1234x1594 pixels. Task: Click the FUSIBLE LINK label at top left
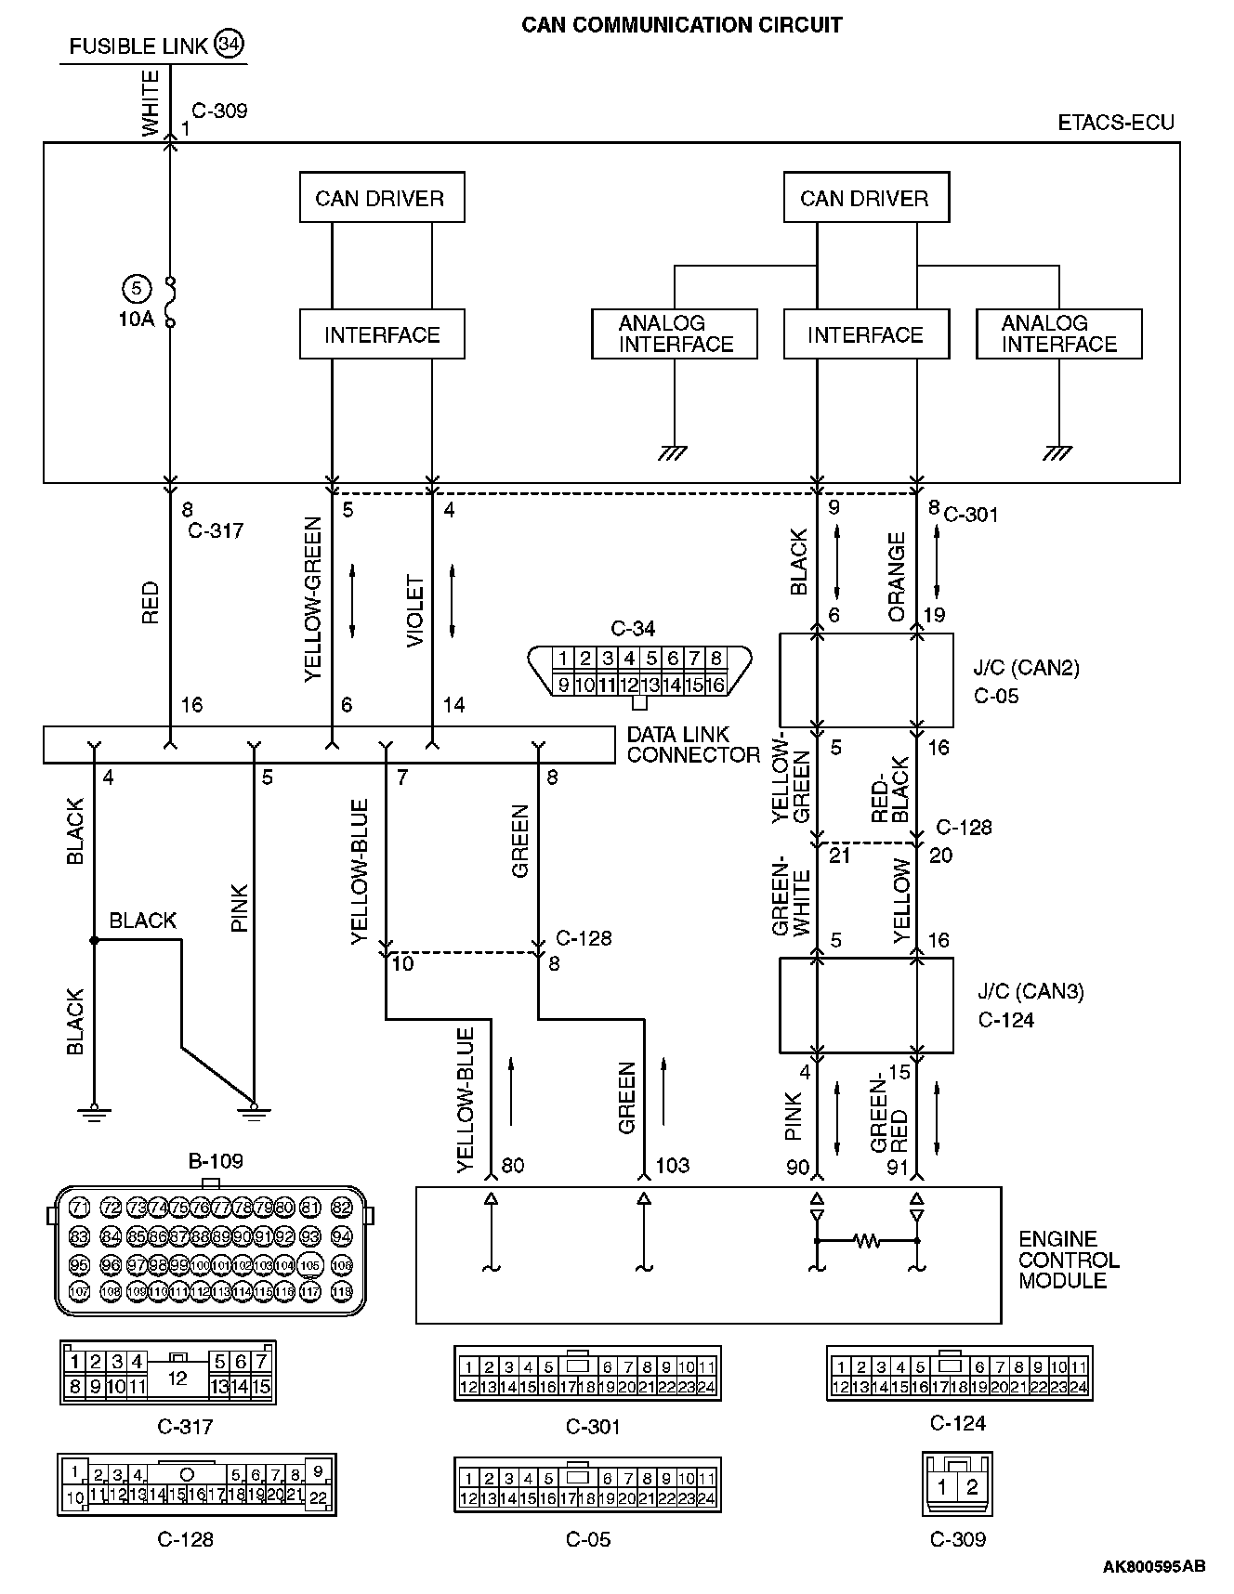138,46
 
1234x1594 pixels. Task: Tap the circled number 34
229,44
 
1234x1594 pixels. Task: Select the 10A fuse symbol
170,302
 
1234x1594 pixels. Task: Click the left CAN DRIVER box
381,198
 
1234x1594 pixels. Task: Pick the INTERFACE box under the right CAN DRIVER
865,334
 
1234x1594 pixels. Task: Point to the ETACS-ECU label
1115,123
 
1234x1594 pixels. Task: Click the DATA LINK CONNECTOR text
692,745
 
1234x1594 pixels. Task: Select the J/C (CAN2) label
1026,668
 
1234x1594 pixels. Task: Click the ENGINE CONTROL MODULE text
1069,1260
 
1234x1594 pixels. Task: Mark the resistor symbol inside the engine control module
866,1240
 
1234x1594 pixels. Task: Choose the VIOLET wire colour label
415,611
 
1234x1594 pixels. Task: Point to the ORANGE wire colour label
897,576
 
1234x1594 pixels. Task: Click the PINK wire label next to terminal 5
240,908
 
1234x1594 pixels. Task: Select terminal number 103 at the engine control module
672,1165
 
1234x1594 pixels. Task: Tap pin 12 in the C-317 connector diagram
177,1378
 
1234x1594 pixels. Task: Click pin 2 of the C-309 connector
972,1486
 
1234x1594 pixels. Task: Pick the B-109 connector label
216,1160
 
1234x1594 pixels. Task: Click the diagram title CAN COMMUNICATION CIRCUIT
681,25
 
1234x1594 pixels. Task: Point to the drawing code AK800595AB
1154,1566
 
